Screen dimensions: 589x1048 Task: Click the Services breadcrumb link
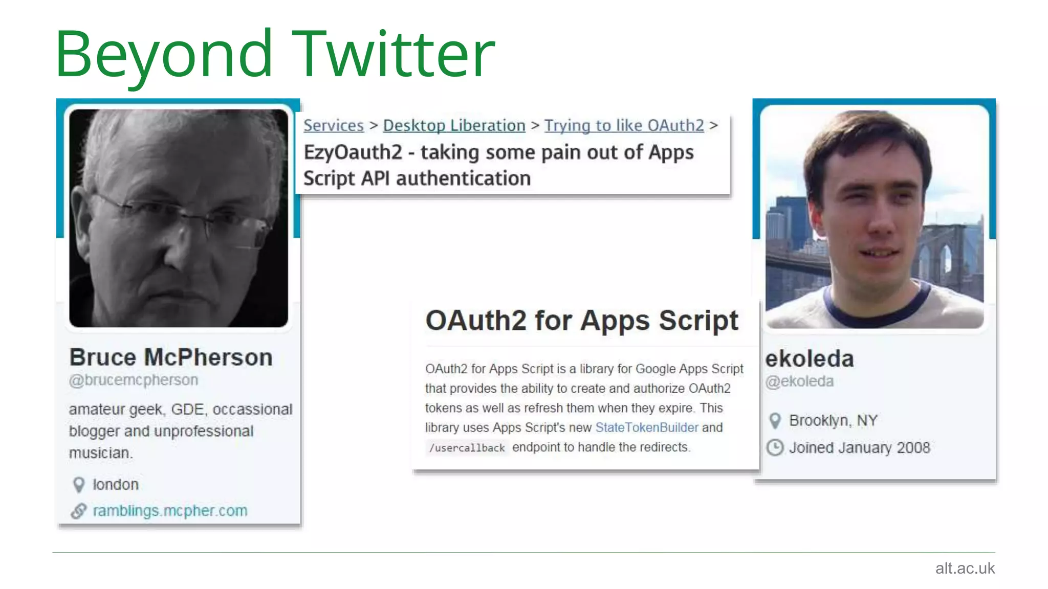(x=334, y=125)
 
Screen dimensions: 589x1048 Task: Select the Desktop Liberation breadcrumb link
(x=454, y=125)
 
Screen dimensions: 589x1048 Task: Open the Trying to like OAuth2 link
(x=624, y=125)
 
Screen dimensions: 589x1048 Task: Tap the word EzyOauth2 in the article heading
(x=353, y=152)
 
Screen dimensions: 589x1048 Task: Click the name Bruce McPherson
(x=171, y=357)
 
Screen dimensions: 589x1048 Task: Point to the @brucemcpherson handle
(x=134, y=380)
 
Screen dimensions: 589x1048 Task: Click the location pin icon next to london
(x=79, y=485)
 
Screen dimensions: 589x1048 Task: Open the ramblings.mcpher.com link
(x=170, y=511)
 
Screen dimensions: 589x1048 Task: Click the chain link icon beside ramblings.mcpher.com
(x=79, y=511)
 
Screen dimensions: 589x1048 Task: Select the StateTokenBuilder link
(x=646, y=427)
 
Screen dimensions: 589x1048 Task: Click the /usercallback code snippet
(x=467, y=448)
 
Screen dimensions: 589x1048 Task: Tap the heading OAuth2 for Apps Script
(x=582, y=321)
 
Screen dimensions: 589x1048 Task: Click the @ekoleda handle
(x=799, y=381)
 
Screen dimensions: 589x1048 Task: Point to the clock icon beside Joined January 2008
(x=775, y=448)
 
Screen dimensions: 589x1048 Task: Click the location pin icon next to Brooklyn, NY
(x=775, y=421)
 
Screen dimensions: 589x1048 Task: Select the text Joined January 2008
(x=859, y=448)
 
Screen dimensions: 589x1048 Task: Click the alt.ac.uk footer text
(x=965, y=568)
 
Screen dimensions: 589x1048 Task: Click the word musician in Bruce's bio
(x=100, y=453)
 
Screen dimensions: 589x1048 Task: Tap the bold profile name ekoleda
(x=810, y=359)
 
